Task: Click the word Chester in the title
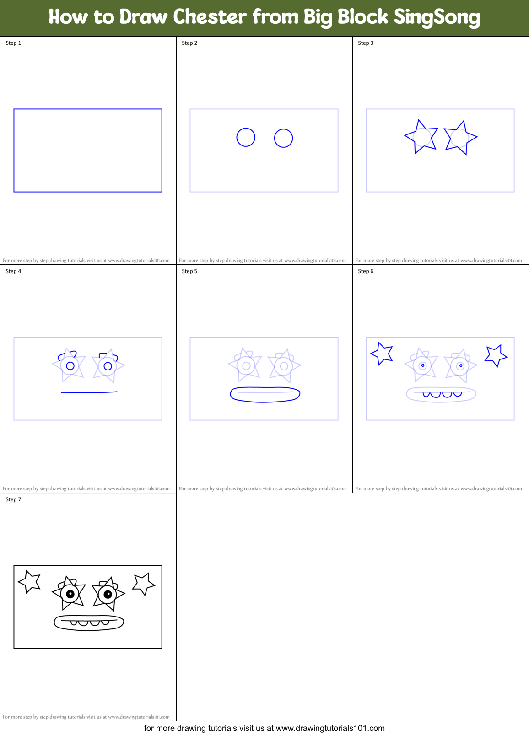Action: (x=210, y=17)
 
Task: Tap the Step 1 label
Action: (x=13, y=43)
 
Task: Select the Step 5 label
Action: (x=189, y=271)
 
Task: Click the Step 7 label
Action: (x=13, y=499)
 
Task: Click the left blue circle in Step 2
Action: (x=246, y=137)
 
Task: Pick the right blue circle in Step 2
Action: (x=283, y=138)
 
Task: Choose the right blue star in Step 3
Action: (x=460, y=137)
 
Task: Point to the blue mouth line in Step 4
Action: (x=89, y=392)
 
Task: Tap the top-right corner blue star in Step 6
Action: (x=496, y=355)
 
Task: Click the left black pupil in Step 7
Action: (x=70, y=594)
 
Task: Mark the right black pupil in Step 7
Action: (x=108, y=594)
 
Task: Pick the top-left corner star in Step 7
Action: (x=30, y=581)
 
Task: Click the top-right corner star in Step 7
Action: (x=143, y=584)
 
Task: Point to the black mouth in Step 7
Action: (x=89, y=622)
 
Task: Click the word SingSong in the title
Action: (x=437, y=17)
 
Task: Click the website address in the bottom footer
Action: (x=330, y=728)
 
